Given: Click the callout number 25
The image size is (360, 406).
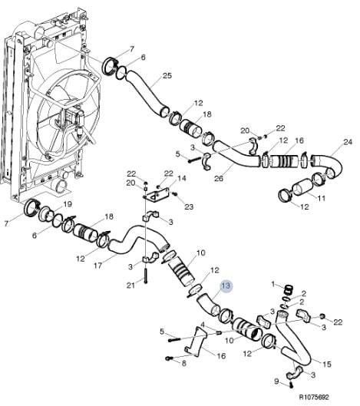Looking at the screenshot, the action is tap(167, 76).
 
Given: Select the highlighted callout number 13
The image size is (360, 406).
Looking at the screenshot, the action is tap(226, 286).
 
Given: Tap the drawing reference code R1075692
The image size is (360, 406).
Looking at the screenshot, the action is tap(314, 398).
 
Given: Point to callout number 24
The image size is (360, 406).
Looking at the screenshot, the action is tap(348, 142).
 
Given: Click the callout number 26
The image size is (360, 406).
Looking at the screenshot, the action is tap(219, 178).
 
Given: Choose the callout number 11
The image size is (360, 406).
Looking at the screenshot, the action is tap(321, 198).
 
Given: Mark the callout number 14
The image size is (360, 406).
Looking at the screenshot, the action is tap(182, 178).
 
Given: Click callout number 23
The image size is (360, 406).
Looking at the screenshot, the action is tap(189, 206).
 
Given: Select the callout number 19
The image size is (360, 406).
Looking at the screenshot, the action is tap(68, 204).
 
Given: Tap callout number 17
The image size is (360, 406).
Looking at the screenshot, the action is tap(97, 266).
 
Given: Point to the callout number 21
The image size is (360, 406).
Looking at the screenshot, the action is tap(130, 286).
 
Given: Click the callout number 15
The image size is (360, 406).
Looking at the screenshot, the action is tap(327, 364).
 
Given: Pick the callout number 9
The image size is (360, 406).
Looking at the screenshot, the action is tap(276, 381).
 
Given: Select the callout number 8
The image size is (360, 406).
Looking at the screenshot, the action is tap(183, 363).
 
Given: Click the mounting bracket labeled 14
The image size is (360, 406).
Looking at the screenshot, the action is tap(157, 196).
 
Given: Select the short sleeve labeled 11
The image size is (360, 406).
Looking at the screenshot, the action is tap(301, 189).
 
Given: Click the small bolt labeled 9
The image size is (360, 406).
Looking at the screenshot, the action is tap(291, 385).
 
